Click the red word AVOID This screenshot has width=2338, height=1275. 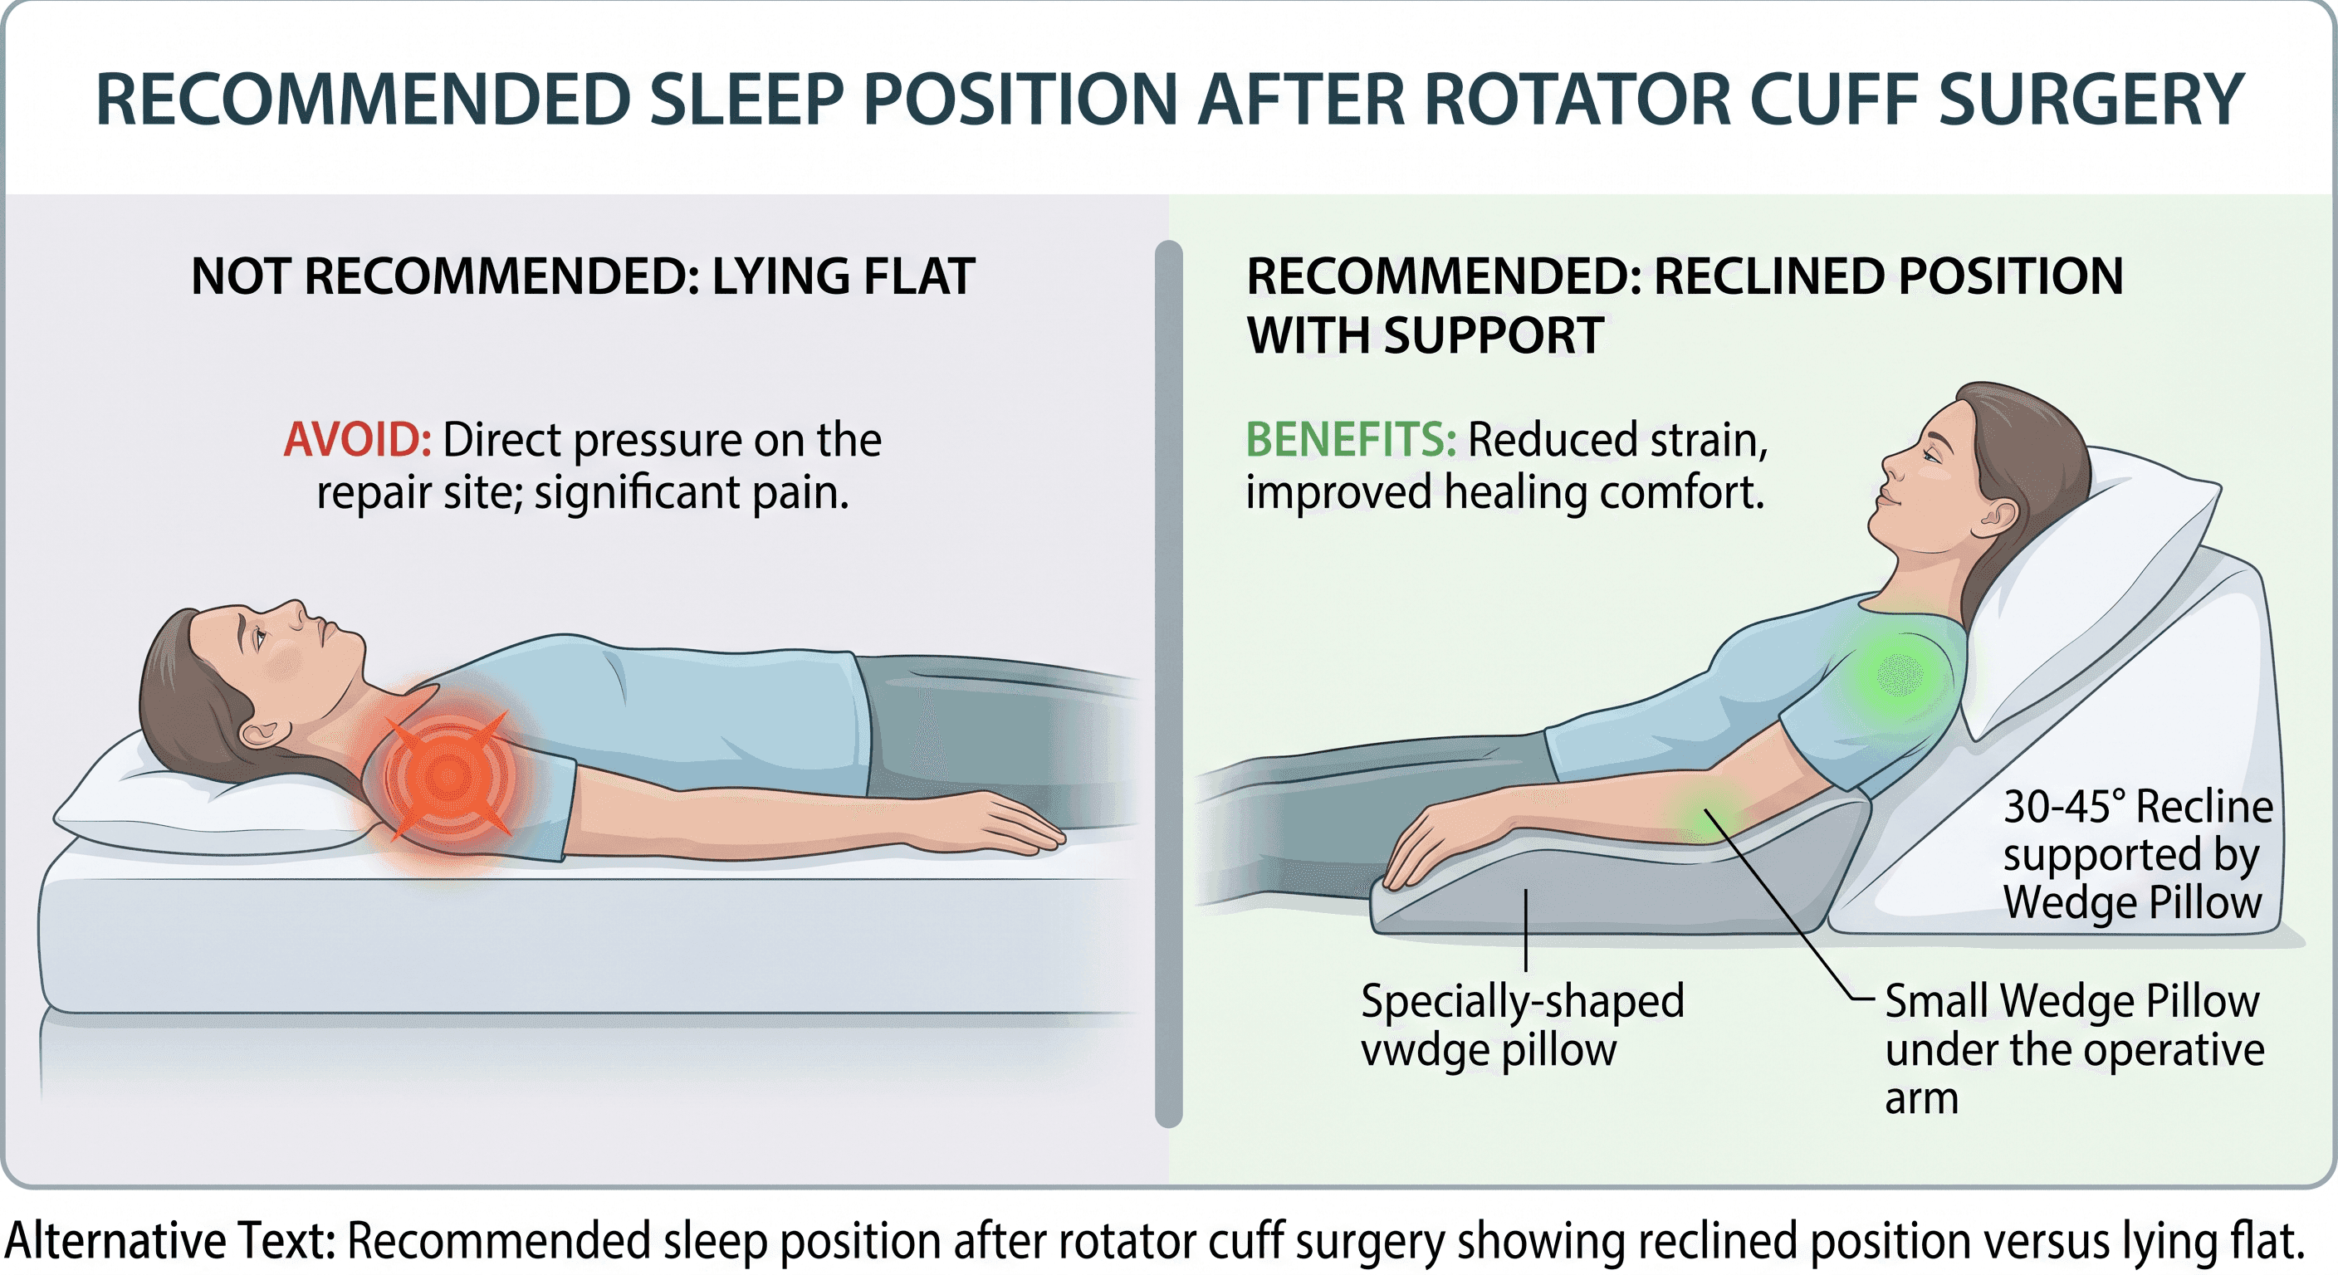(358, 440)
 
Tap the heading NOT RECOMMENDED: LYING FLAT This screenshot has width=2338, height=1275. (583, 276)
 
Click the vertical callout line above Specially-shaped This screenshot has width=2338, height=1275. (1526, 931)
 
